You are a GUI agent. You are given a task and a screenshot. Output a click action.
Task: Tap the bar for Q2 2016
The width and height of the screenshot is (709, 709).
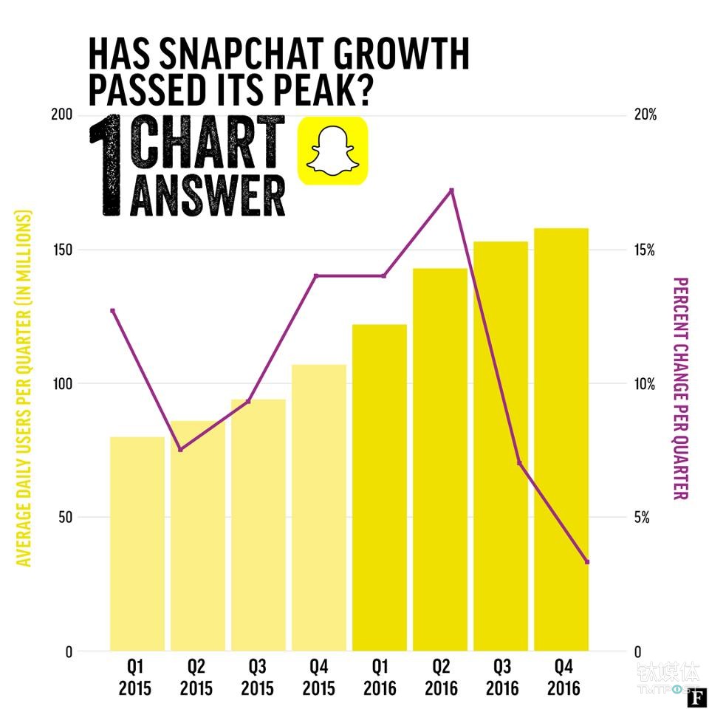[440, 459]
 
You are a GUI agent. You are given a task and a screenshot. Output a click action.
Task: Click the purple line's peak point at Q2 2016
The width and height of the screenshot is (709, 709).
[451, 191]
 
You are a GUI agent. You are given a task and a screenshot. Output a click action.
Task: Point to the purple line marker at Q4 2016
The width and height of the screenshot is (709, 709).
[587, 562]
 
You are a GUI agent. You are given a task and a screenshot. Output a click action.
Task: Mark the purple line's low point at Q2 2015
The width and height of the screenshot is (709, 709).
[181, 449]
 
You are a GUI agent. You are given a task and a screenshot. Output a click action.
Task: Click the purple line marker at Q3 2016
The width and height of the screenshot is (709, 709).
[519, 463]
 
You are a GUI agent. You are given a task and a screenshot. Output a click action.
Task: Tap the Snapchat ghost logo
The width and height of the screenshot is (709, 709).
[332, 150]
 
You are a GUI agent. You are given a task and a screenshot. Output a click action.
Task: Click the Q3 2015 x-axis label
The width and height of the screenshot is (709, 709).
[256, 678]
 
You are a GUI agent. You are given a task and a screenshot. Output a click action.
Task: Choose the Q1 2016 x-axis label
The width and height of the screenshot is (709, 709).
[379, 678]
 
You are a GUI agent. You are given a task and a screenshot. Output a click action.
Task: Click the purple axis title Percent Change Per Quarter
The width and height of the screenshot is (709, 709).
[680, 388]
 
